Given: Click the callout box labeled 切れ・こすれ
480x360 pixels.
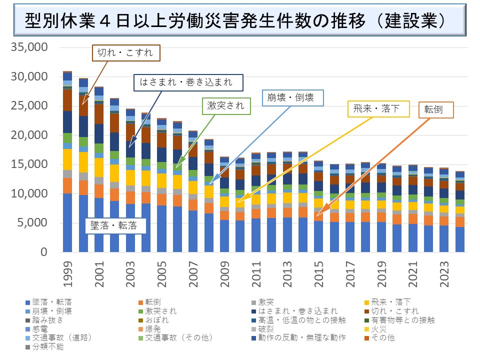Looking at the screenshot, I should coord(126,52).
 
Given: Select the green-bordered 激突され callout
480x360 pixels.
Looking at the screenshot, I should coord(226,105).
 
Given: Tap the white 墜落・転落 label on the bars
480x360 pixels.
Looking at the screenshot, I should coord(114,225).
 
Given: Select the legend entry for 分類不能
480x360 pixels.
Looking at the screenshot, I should coord(48,347).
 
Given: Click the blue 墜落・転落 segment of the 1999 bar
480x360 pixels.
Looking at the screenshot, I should coord(67,222).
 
